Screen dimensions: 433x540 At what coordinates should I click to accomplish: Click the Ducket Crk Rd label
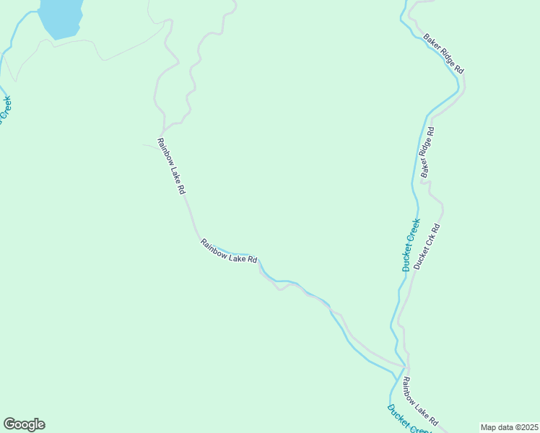(x=427, y=247)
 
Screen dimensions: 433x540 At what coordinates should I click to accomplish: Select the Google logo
(x=24, y=424)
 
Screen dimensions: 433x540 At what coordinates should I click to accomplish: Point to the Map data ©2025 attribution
(x=509, y=427)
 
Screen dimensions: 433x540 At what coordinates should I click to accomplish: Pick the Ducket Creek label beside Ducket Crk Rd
(x=410, y=245)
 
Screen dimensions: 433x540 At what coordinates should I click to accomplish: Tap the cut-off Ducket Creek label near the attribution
(x=408, y=420)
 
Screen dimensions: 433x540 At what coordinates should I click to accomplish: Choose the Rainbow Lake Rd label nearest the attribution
(x=420, y=401)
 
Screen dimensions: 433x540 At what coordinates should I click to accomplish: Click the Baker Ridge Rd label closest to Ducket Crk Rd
(x=427, y=152)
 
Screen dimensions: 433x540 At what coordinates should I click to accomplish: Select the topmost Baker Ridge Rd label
(x=443, y=54)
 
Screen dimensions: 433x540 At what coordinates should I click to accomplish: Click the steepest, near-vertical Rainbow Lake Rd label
(x=172, y=167)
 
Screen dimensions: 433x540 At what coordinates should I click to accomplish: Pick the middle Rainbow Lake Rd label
(x=229, y=251)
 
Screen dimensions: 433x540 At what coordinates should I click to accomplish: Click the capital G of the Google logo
(x=10, y=424)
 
